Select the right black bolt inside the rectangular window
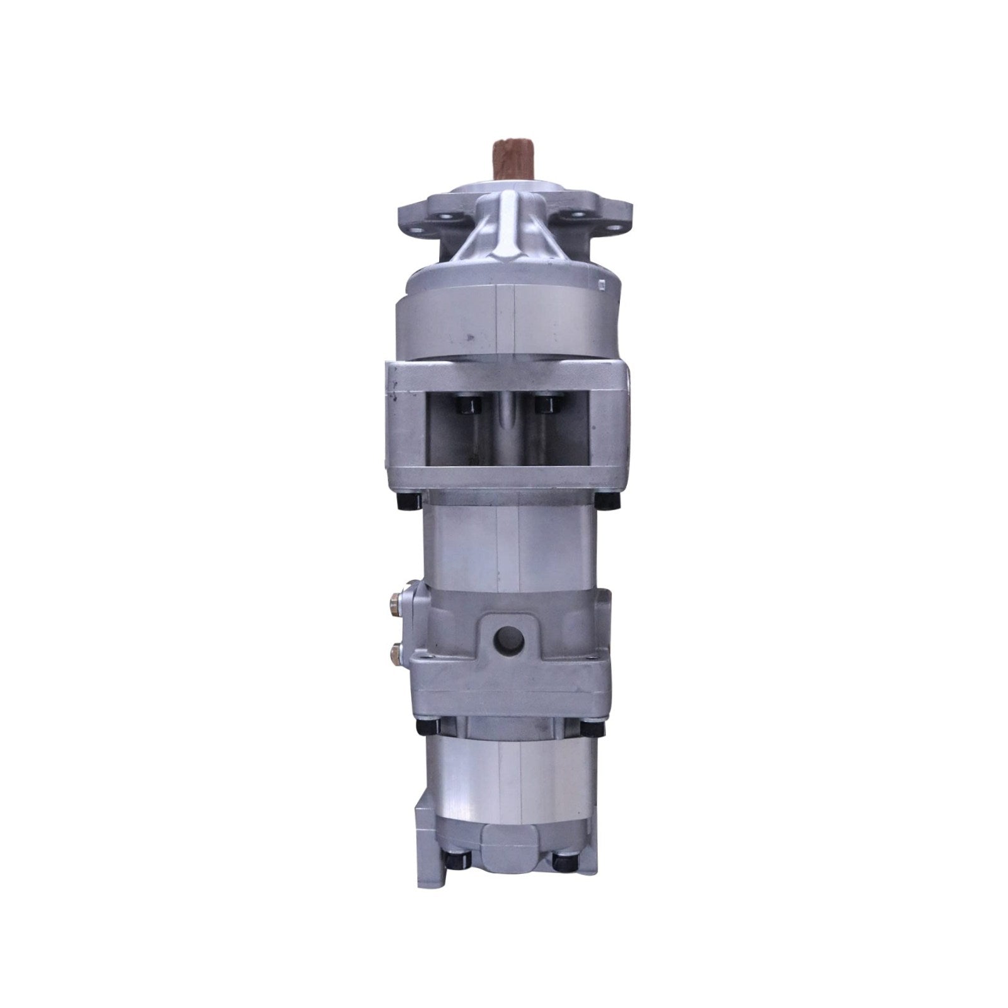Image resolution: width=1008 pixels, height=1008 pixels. point(544,403)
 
